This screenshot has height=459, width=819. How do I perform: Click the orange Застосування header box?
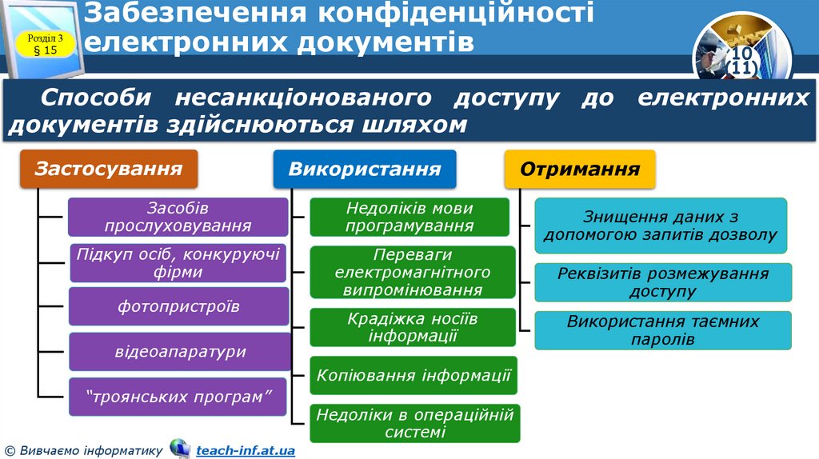pyautogui.click(x=108, y=170)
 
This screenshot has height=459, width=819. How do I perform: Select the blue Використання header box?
pyautogui.click(x=365, y=170)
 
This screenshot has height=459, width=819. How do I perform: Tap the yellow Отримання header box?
pyautogui.click(x=580, y=170)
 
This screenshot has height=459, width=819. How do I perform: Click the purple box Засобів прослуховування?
pyautogui.click(x=178, y=217)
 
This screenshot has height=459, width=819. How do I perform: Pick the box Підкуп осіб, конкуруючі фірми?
pyautogui.click(x=178, y=263)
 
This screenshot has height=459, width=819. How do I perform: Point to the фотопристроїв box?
pyautogui.click(x=178, y=306)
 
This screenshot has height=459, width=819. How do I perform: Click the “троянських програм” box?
pyautogui.click(x=178, y=397)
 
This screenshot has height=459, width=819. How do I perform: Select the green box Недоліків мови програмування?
pyautogui.click(x=409, y=217)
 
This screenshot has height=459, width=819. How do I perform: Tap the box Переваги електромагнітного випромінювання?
pyautogui.click(x=412, y=273)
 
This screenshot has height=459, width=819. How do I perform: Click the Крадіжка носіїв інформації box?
pyautogui.click(x=413, y=327)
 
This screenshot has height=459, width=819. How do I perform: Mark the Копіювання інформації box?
pyautogui.click(x=413, y=375)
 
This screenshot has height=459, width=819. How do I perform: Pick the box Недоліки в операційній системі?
pyautogui.click(x=415, y=423)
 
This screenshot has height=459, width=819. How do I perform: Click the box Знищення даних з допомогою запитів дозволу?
pyautogui.click(x=661, y=226)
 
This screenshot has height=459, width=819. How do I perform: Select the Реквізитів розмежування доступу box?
pyautogui.click(x=662, y=282)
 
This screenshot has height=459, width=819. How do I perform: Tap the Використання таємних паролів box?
pyautogui.click(x=662, y=330)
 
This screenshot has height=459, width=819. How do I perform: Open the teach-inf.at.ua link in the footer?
pyautogui.click(x=245, y=450)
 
